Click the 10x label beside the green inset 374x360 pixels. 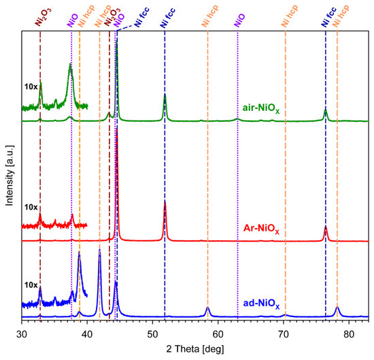(31, 87)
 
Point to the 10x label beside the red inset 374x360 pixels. (31, 207)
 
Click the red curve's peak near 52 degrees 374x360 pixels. (165, 202)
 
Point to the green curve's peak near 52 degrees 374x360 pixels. (165, 96)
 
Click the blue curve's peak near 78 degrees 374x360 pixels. (337, 307)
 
